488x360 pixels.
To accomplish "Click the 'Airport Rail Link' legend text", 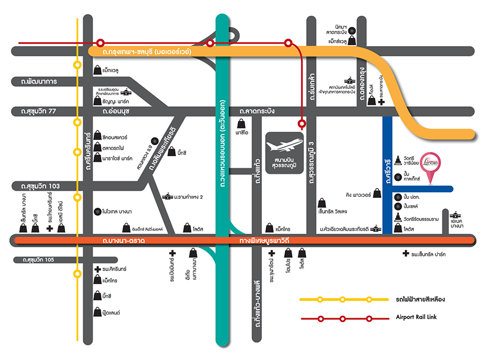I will click(x=416, y=317).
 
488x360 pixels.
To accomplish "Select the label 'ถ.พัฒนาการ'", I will click(x=36, y=81).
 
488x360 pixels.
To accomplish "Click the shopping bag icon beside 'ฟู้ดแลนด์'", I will click(x=95, y=313).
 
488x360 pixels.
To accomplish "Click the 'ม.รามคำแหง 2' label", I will click(x=188, y=197).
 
